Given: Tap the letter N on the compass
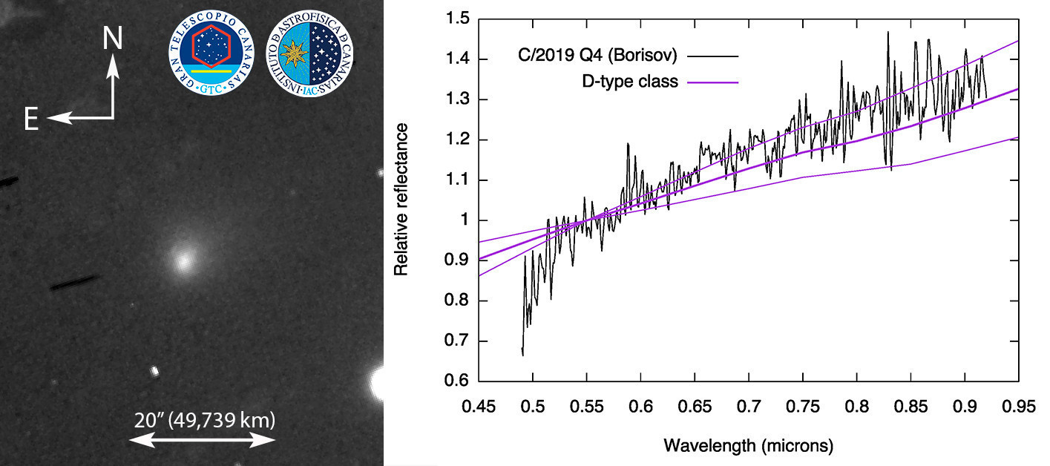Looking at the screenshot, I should [x=113, y=38].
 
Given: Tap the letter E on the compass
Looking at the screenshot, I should [x=30, y=119].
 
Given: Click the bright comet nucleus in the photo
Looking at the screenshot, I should [x=183, y=260].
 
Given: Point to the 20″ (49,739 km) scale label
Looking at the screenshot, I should [x=204, y=421].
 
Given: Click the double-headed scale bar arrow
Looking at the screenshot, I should [x=203, y=440].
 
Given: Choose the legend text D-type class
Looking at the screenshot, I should [x=631, y=82].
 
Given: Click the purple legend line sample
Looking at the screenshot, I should [x=714, y=82].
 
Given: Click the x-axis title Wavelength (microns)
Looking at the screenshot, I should [x=749, y=446].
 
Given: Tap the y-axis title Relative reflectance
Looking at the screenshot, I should [x=401, y=200].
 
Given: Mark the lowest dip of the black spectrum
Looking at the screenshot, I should [x=523, y=355].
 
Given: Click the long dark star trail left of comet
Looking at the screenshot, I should [x=74, y=283].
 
